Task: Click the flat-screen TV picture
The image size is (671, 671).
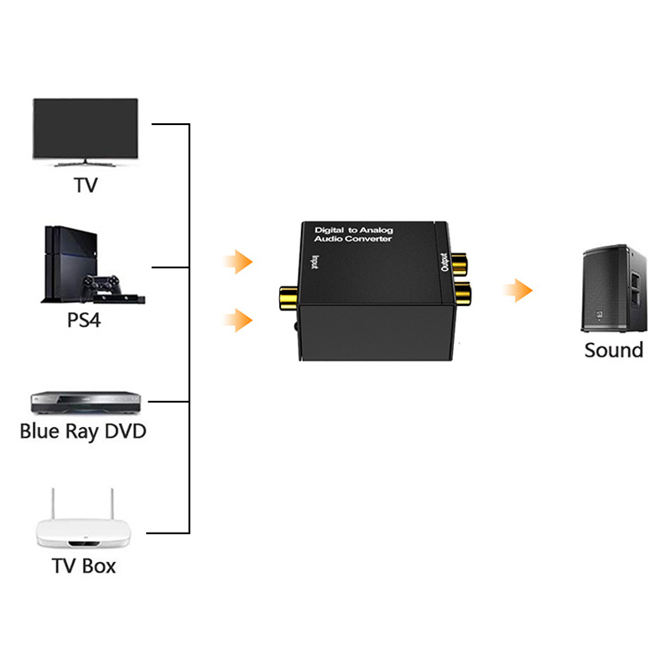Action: pyautogui.click(x=86, y=132)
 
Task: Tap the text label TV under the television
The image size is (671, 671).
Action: pyautogui.click(x=86, y=185)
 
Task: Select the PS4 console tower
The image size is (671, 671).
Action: pyautogui.click(x=70, y=263)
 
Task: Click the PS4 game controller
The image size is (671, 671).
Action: pyautogui.click(x=101, y=284)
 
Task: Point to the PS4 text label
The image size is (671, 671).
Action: pyautogui.click(x=84, y=320)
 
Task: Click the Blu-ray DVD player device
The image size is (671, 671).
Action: pyautogui.click(x=86, y=403)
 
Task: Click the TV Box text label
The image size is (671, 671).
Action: pyautogui.click(x=84, y=565)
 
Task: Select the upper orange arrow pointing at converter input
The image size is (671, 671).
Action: pyautogui.click(x=238, y=262)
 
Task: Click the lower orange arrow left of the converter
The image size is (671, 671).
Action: pyautogui.click(x=238, y=320)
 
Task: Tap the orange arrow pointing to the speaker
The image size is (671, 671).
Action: pyautogui.click(x=518, y=290)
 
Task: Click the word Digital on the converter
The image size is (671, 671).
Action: pyautogui.click(x=329, y=230)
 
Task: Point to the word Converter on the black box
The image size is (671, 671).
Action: pyautogui.click(x=369, y=239)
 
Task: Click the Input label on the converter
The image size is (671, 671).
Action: pyautogui.click(x=315, y=262)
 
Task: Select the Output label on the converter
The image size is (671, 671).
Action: pyautogui.click(x=445, y=262)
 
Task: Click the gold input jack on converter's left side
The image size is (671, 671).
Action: pyautogui.click(x=289, y=299)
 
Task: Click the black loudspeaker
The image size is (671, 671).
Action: pyautogui.click(x=614, y=288)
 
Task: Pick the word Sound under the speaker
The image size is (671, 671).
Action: pyautogui.click(x=614, y=350)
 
